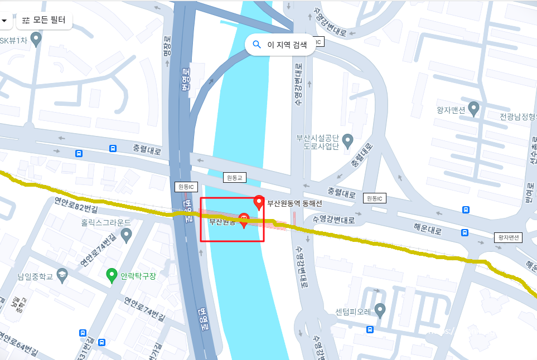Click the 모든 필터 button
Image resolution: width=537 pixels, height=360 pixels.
(x=44, y=21)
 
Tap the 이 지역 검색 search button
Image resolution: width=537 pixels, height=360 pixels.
(x=280, y=45)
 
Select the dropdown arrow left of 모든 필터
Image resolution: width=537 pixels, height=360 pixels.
(x=4, y=21)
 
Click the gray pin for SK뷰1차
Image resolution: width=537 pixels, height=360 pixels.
(x=36, y=39)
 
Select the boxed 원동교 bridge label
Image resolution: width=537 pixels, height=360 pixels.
(x=234, y=178)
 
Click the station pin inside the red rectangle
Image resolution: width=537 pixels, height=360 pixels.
(x=244, y=220)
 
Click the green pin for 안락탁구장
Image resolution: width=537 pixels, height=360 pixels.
(x=112, y=275)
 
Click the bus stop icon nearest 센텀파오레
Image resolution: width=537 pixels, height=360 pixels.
(x=370, y=329)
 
